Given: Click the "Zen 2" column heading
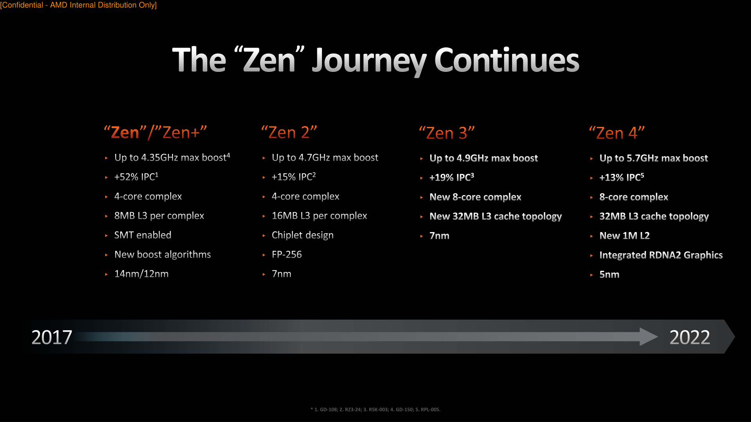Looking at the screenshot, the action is coord(289,132).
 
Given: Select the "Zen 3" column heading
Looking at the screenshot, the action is coord(447,133).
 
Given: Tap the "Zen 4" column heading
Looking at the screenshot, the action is coord(617,133).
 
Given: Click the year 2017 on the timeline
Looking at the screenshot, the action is coord(52,337).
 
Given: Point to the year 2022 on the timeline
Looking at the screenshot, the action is coord(690,337).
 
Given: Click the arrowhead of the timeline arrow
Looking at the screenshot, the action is coord(649,337).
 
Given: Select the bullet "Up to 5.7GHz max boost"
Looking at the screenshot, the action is coord(654,158).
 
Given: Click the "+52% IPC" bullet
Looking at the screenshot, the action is coord(136,177).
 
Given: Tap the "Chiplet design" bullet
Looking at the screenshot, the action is coord(303,235).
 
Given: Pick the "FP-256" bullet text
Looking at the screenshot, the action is coord(287,254).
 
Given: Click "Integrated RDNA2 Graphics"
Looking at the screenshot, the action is coord(661,255).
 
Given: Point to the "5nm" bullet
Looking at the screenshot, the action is coord(609,275).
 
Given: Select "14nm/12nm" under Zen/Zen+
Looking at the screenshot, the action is coord(142,274).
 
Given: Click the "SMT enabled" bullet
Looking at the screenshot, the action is coord(143,235).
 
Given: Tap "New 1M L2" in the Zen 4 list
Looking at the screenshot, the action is coord(625,236).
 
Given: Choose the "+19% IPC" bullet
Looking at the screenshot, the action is coord(452,177).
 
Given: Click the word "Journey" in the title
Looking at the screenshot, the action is coord(369,61).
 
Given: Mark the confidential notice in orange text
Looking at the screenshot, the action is coord(78,5).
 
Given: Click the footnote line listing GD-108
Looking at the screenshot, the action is coord(375,409).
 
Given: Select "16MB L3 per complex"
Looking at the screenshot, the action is coord(320,216).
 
